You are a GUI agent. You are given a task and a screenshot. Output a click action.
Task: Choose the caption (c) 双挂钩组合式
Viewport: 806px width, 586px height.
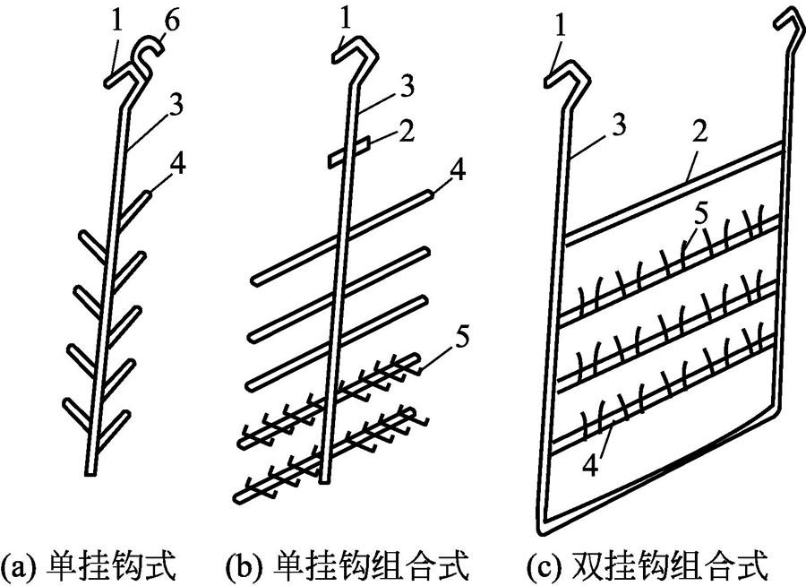coord(647,564)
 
